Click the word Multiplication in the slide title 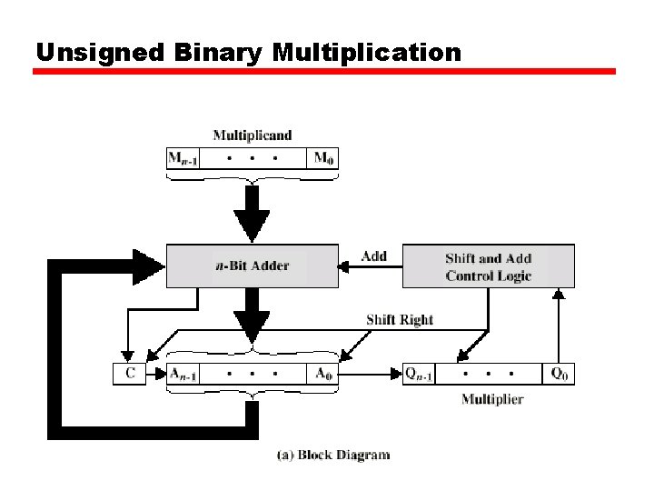(367, 53)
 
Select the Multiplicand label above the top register (253, 135)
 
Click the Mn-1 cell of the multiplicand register (183, 158)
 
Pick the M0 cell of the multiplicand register (322, 158)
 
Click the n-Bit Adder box (252, 266)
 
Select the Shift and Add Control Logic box (488, 266)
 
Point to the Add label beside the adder (373, 256)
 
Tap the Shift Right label (399, 319)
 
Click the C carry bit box (129, 374)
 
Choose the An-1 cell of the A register (184, 374)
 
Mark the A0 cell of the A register (322, 374)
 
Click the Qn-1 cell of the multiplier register (419, 374)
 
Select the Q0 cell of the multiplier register (559, 374)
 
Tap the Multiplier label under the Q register (491, 398)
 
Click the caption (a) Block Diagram (332, 455)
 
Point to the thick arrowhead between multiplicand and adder (252, 224)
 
